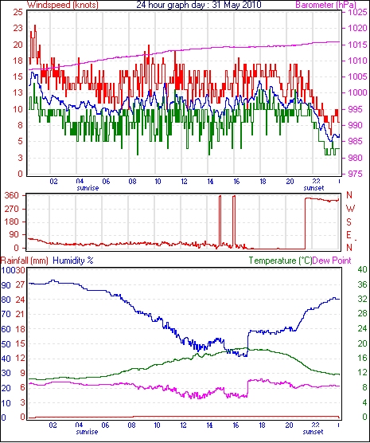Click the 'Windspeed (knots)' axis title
coord(63,5)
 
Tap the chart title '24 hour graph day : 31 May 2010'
coord(199,5)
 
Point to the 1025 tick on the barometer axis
coord(358,13)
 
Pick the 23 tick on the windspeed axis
coord(18,28)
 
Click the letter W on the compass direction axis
coord(350,209)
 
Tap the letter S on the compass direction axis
coord(349,222)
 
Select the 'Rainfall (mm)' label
coord(25,261)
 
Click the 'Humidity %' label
coord(73,261)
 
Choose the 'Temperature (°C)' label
coord(280,261)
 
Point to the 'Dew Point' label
coord(332,261)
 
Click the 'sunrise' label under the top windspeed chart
coord(88,188)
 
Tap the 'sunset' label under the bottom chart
coord(313,432)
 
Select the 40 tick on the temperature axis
coord(362,269)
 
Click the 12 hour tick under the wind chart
coord(184,182)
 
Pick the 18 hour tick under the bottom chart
coord(262,425)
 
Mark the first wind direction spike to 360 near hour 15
coord(220,221)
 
